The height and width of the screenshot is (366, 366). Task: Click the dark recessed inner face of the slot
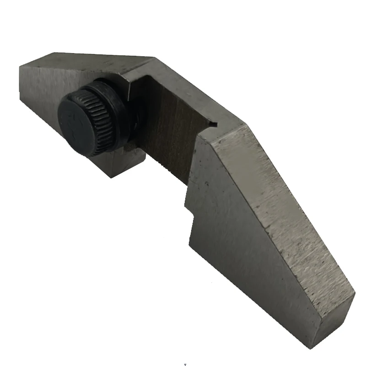coord(172,133)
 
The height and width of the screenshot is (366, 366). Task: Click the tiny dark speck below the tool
coord(184,365)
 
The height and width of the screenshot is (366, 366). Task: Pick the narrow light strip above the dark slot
coord(192,91)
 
